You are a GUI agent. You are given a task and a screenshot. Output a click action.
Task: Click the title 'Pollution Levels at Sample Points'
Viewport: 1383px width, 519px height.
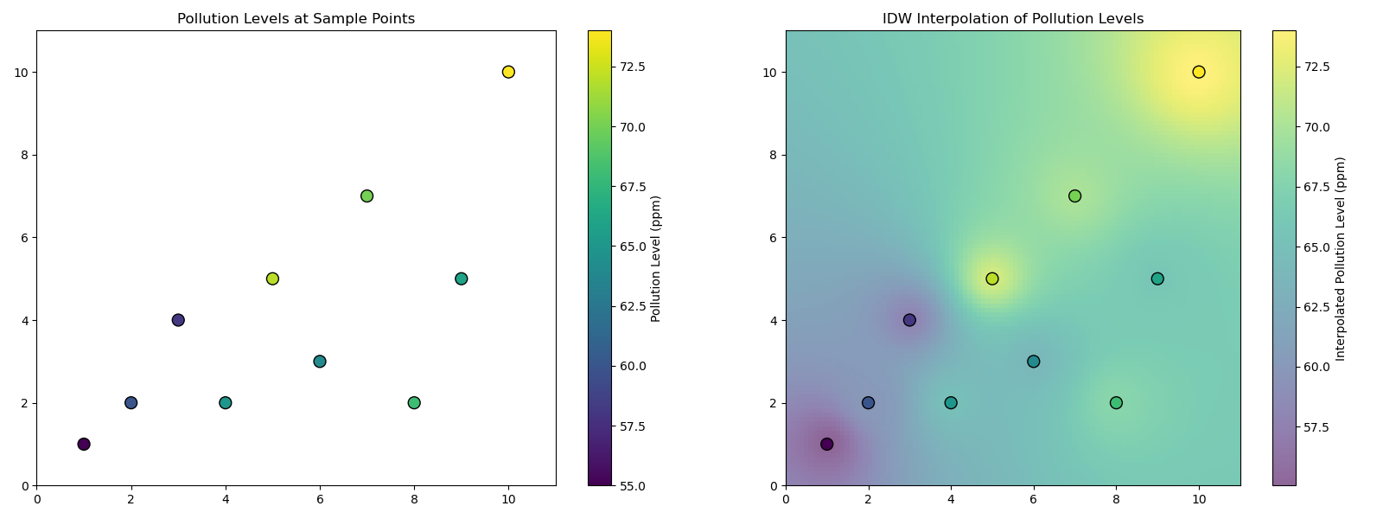(x=296, y=19)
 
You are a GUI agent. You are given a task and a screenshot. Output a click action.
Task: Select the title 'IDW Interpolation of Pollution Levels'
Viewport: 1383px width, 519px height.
(x=1012, y=19)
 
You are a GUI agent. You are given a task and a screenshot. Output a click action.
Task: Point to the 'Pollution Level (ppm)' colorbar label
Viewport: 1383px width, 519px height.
(x=656, y=259)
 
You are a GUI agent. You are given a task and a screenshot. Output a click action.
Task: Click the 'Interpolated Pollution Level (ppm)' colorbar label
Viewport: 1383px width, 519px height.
(x=1341, y=259)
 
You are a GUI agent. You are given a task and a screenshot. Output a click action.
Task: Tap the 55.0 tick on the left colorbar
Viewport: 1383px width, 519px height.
(x=632, y=486)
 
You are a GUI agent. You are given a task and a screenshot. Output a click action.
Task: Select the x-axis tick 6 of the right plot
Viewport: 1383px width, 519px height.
(x=1033, y=498)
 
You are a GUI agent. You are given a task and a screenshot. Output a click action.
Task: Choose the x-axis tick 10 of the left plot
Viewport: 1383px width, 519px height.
(x=508, y=498)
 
